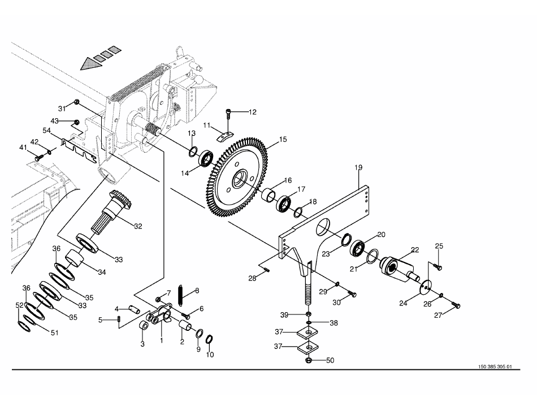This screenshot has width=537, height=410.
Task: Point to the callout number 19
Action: tap(358, 167)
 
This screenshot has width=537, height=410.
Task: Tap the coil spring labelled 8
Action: tap(181, 295)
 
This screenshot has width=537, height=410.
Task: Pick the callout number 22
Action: tap(415, 249)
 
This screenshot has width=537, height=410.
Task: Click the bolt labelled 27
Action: tap(457, 305)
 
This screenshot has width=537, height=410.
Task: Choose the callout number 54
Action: tap(48, 130)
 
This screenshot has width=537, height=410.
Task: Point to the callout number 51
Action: tap(54, 333)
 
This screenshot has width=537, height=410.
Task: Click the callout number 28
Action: tap(252, 278)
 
